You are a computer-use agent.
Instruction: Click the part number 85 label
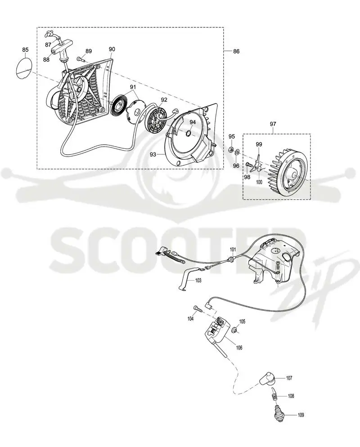(25, 50)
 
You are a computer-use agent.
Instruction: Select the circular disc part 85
(23, 68)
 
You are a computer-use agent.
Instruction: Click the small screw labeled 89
(80, 59)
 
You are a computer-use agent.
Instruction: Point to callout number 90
(112, 49)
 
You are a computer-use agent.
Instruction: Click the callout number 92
(164, 100)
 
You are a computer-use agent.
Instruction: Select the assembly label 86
(236, 51)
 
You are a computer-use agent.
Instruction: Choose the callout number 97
(273, 124)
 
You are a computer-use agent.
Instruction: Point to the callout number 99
(258, 144)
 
